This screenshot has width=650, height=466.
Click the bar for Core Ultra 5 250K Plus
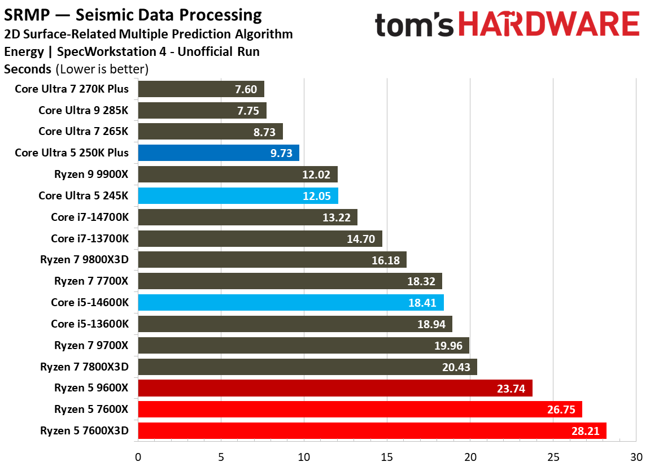click(x=218, y=153)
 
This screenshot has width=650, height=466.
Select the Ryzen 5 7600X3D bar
click(x=372, y=431)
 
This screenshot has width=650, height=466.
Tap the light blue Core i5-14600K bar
click(x=290, y=303)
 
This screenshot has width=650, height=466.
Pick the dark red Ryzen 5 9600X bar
click(x=335, y=388)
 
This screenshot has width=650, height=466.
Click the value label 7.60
click(x=246, y=89)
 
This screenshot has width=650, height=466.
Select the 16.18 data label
click(x=386, y=260)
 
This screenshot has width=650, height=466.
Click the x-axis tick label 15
click(x=387, y=456)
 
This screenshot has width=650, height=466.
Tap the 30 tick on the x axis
click(x=636, y=456)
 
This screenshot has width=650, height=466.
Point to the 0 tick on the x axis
click(x=138, y=456)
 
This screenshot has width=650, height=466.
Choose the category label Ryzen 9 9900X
click(x=91, y=175)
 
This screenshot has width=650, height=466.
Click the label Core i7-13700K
click(x=90, y=238)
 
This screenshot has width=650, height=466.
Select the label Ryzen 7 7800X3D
click(x=85, y=367)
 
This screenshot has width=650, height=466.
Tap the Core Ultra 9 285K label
click(x=84, y=110)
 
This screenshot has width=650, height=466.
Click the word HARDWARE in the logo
click(x=548, y=25)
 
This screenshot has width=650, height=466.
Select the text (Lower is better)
click(x=102, y=69)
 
